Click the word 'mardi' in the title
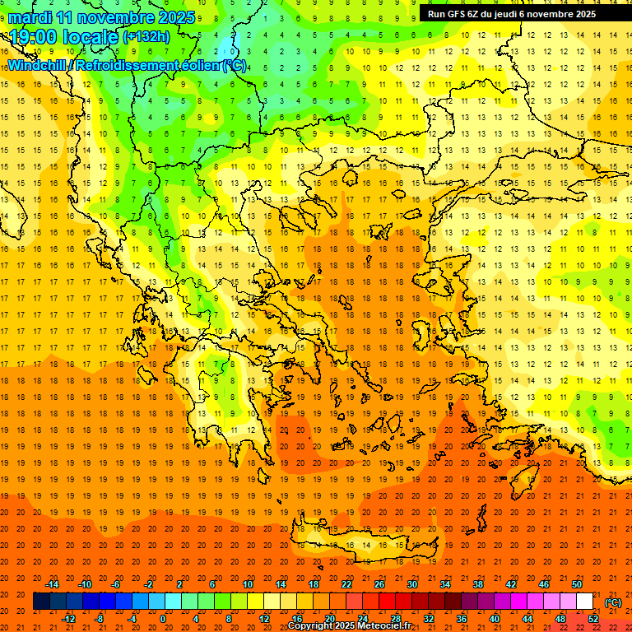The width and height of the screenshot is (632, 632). (30, 17)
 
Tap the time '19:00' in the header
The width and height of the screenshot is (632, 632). (35, 37)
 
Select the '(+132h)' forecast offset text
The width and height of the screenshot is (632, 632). (146, 36)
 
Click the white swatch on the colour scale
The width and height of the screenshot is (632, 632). (585, 602)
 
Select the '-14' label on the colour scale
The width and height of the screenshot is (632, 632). (53, 584)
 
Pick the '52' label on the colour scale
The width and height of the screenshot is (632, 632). (593, 619)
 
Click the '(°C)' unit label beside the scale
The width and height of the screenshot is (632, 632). (613, 602)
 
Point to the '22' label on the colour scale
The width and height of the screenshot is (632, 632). (346, 584)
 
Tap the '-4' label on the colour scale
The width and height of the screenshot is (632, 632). (132, 619)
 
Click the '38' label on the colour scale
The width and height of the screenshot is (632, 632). (478, 584)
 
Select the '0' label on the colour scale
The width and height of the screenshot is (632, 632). (163, 619)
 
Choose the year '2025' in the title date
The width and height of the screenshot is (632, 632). (176, 17)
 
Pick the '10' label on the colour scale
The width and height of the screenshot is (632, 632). (248, 584)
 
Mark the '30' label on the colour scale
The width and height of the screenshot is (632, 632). (412, 584)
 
